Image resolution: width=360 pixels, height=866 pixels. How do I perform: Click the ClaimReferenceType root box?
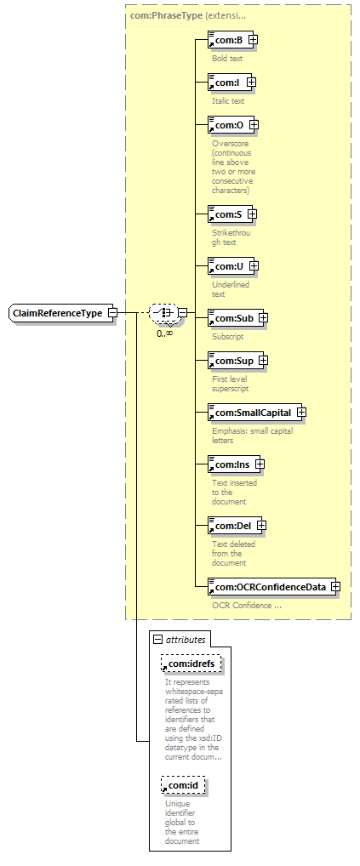(x=60, y=313)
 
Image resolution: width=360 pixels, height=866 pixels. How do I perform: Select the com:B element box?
(x=231, y=40)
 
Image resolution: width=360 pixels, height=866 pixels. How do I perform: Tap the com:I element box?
(x=229, y=83)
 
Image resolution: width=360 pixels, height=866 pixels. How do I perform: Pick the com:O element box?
(x=231, y=125)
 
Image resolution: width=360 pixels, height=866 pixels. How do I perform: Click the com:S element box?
(x=230, y=214)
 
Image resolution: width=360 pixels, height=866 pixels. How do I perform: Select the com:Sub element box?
(x=235, y=318)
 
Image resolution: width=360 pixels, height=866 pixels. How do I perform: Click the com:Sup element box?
(x=235, y=361)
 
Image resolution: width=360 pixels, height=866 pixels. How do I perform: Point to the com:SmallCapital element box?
(x=254, y=413)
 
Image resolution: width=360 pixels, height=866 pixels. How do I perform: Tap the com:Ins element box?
(x=233, y=464)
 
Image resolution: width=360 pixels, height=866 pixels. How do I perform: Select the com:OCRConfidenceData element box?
(x=271, y=586)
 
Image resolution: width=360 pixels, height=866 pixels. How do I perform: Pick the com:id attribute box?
(x=183, y=785)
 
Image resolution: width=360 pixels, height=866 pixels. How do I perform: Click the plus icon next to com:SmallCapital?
(x=301, y=413)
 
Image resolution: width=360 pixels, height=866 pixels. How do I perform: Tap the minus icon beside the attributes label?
(x=158, y=640)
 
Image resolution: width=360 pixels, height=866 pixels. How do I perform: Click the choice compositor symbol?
(x=163, y=313)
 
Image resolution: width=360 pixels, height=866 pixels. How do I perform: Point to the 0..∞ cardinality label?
(x=164, y=333)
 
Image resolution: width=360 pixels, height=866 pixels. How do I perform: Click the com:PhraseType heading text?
(x=166, y=15)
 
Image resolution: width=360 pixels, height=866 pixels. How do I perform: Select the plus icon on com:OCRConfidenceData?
(x=335, y=586)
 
